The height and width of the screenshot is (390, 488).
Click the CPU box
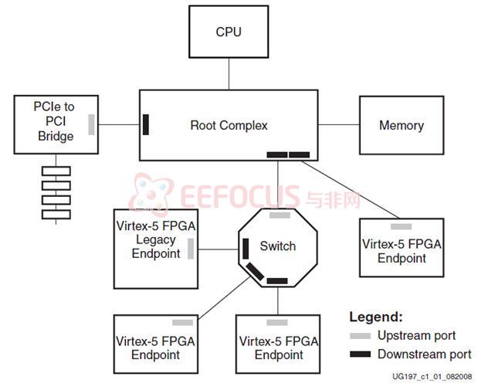point(228,32)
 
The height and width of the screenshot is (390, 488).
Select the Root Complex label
point(229,125)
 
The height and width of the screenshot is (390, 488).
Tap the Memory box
point(401,125)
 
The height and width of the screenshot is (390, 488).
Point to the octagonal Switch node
point(277,246)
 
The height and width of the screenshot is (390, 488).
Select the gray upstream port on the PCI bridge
point(91,124)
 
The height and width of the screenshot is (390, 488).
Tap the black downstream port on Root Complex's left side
point(145,124)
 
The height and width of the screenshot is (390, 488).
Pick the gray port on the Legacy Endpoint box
point(190,249)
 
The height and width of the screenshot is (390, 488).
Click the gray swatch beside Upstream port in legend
point(360,336)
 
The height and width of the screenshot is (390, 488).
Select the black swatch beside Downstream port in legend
point(360,354)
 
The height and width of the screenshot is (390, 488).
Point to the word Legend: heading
point(376,317)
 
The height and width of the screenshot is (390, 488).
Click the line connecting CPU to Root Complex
point(229,74)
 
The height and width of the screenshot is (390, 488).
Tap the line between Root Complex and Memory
point(338,124)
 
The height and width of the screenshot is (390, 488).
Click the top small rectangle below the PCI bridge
point(56,171)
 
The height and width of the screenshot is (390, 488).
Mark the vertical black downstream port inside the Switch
point(246,249)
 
